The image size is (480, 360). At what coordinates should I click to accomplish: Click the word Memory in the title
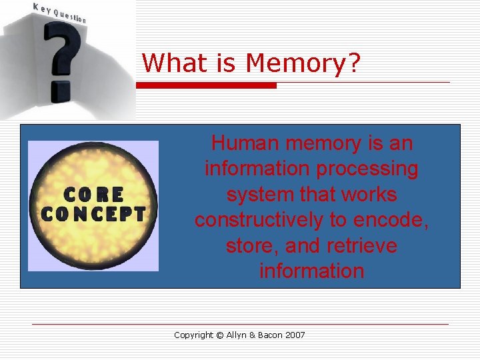click(303, 63)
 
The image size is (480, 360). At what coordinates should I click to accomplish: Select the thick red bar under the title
click(206, 85)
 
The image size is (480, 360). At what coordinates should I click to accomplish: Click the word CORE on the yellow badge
click(93, 195)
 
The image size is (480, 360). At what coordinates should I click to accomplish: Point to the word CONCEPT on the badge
click(93, 215)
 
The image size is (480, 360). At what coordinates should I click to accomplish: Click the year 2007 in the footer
click(294, 335)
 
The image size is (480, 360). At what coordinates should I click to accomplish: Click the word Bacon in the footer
click(273, 335)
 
